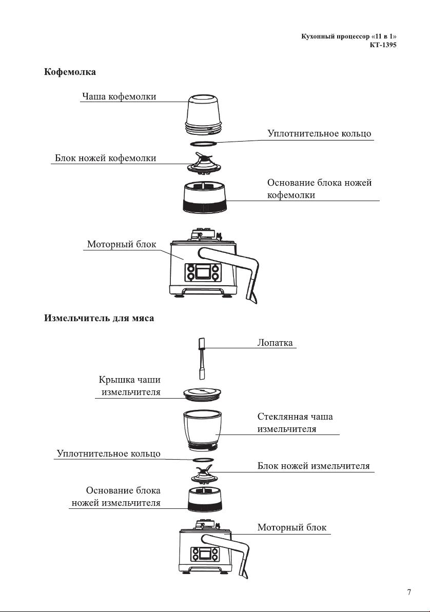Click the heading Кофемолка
70,72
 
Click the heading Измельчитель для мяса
99,318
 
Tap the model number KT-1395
383,45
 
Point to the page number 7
409,592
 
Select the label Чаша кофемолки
119,96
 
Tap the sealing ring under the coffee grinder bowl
203,144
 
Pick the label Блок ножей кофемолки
106,158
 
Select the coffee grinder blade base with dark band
203,198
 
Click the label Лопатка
275,343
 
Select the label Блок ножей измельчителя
314,466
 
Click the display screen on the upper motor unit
202,272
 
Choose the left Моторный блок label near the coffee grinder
122,244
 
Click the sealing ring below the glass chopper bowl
203,460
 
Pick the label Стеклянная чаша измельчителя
295,423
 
